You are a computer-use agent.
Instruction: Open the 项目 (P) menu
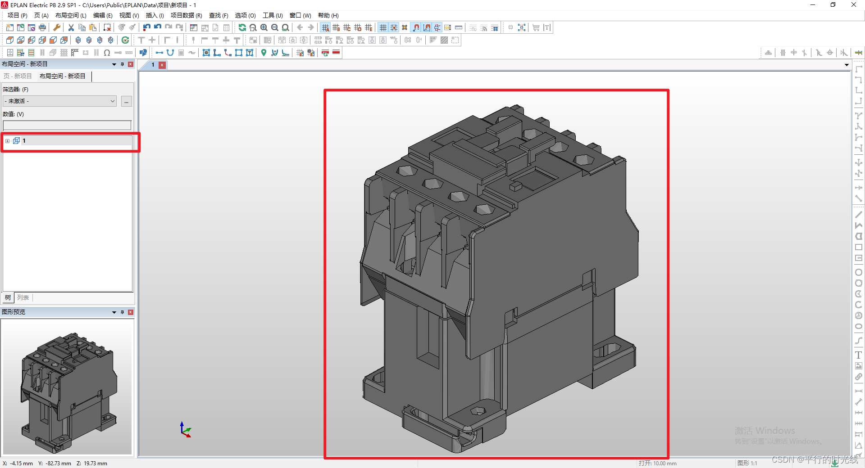[x=17, y=15]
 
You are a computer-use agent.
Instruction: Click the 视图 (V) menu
[x=129, y=15]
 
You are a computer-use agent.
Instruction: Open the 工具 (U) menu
[x=273, y=15]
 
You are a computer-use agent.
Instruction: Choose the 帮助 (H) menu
[x=328, y=15]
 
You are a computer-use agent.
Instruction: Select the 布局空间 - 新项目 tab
[x=62, y=76]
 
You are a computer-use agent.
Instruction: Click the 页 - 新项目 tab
[x=18, y=76]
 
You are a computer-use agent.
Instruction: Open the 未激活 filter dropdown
[x=59, y=101]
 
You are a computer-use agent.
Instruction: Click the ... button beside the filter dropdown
[x=127, y=101]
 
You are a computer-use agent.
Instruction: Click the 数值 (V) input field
[x=67, y=125]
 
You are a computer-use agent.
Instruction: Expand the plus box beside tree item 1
[x=7, y=141]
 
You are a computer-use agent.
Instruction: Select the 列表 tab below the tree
[x=23, y=297]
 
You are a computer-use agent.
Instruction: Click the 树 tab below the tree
[x=8, y=297]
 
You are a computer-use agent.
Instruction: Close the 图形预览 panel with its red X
[x=131, y=312]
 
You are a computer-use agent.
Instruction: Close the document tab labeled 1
[x=162, y=65]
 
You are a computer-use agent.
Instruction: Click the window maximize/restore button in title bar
[x=833, y=5]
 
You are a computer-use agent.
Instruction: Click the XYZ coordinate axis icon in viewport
[x=185, y=430]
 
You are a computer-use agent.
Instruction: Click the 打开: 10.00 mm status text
[x=657, y=463]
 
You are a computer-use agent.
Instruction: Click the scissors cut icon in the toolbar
[x=71, y=27]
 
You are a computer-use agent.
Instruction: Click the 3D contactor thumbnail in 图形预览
[x=68, y=387]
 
